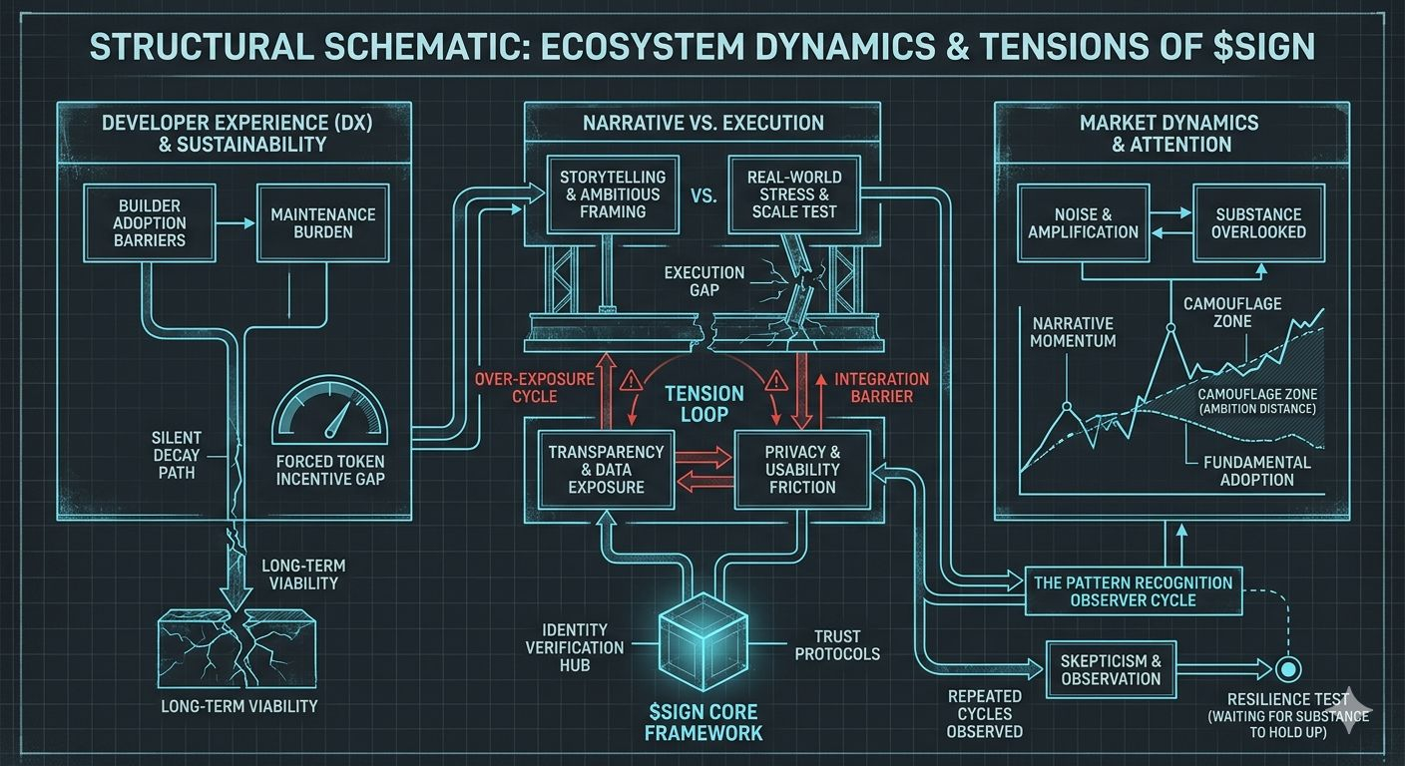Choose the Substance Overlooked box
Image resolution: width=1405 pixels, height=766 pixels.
[x=1259, y=222]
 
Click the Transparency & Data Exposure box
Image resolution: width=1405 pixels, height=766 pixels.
[x=606, y=469]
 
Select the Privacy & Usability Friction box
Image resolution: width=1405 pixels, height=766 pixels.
[x=801, y=469]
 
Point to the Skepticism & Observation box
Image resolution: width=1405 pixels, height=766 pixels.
[x=1111, y=670]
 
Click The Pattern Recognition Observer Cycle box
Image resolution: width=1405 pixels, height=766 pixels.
[x=1133, y=591]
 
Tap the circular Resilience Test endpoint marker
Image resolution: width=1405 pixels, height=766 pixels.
[x=1288, y=668]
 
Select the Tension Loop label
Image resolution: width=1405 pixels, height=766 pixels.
[x=704, y=404]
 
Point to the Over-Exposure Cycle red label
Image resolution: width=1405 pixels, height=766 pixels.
[x=535, y=388]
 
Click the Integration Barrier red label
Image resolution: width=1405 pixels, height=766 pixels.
[x=880, y=388]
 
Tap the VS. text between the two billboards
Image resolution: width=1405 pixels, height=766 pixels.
[x=702, y=195]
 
